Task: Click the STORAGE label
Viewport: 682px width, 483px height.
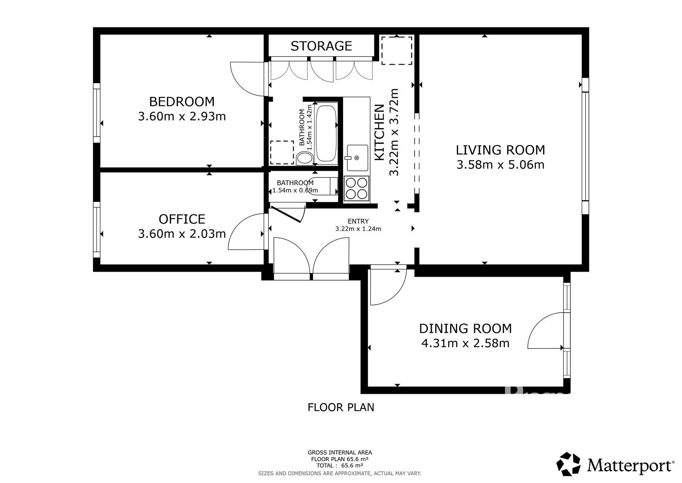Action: pos(321,46)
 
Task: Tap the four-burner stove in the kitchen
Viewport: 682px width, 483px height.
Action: pos(357,189)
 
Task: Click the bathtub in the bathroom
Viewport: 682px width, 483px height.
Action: pos(326,133)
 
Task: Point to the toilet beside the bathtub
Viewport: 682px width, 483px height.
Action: pos(304,158)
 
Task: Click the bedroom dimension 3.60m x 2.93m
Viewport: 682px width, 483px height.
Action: pos(182,116)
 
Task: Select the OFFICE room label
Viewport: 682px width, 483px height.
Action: pos(182,219)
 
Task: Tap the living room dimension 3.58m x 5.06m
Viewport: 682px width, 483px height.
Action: pos(500,165)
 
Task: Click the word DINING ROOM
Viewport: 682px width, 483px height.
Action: pos(465,328)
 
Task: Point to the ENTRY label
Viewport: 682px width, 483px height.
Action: pos(358,221)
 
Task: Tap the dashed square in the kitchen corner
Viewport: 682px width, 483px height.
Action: pos(397,51)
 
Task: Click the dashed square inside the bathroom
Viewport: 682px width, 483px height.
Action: pos(282,152)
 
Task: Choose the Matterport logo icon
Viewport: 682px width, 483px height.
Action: pos(568,464)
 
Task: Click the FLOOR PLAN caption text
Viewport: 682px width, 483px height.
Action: pos(341,407)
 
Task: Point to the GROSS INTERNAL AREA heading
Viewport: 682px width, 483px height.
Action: pos(340,452)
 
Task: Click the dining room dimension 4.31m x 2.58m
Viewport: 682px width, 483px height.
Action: pos(465,343)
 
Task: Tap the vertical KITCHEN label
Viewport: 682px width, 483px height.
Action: pos(380,132)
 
